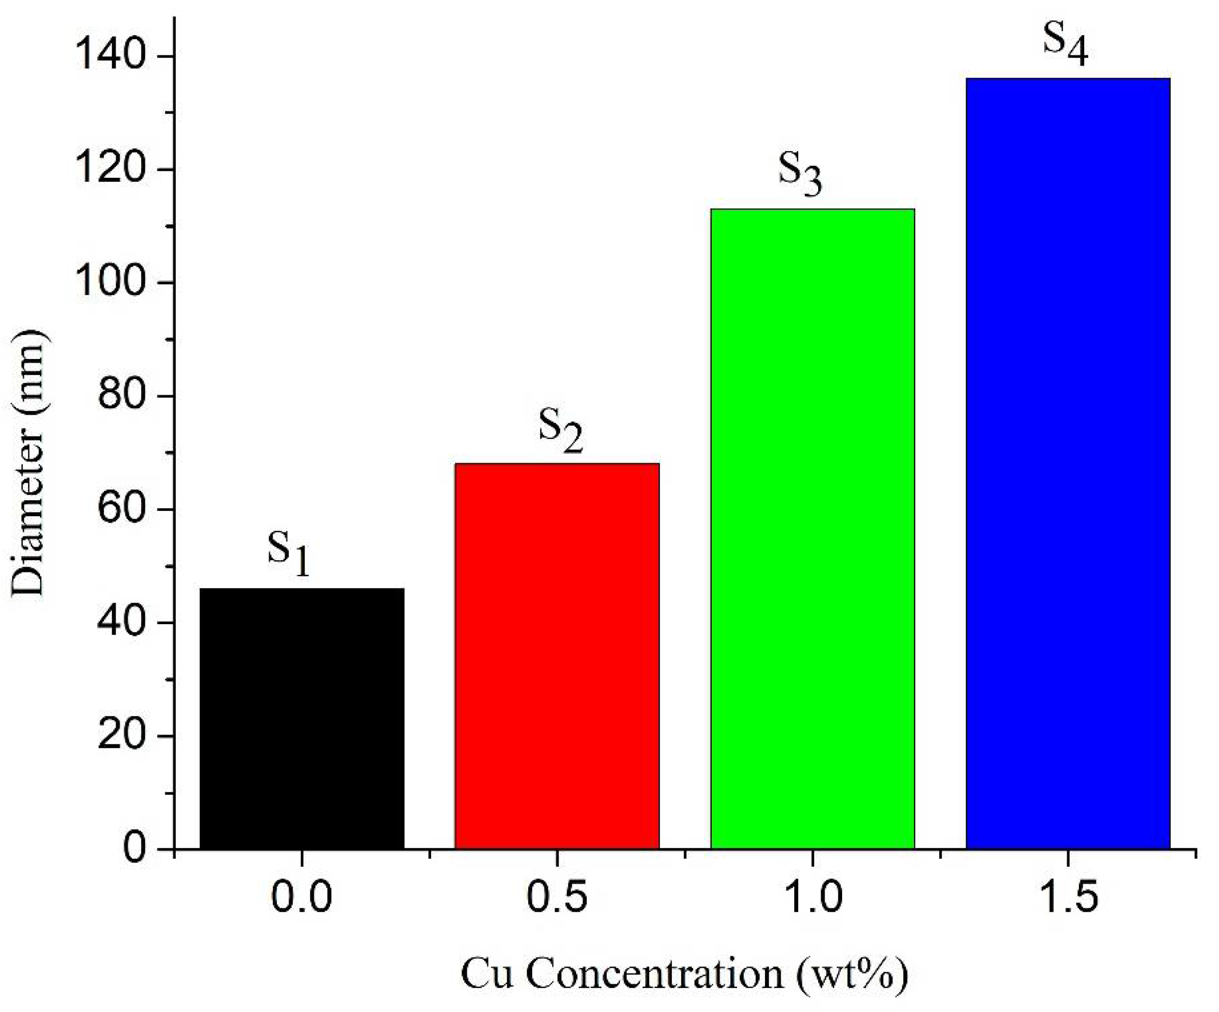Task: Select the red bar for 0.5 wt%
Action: click(557, 656)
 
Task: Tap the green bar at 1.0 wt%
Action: click(813, 528)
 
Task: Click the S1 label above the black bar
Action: click(289, 550)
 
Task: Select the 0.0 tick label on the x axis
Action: click(302, 896)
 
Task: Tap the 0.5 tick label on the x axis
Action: click(557, 896)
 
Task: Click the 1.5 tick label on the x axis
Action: click(1068, 896)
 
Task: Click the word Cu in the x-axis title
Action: click(486, 974)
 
